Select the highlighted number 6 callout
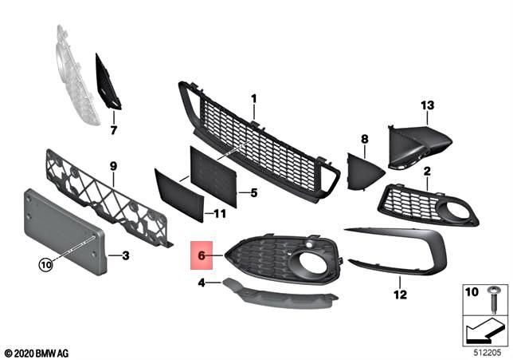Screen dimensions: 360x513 coord(202,255)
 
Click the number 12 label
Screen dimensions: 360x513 coord(398,294)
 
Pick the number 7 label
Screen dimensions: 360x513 coord(113,129)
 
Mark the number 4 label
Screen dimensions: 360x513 coord(202,282)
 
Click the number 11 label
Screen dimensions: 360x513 coord(221,214)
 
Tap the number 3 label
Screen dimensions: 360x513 coord(125,256)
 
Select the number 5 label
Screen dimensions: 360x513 coord(253,192)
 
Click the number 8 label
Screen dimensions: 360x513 coord(365,139)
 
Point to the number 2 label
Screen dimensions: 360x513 coord(427,171)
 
